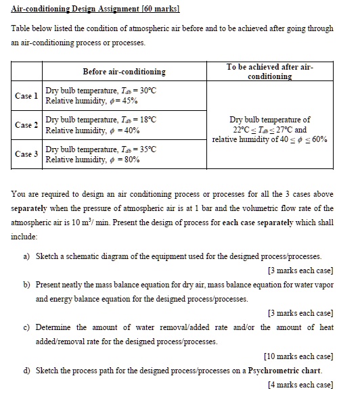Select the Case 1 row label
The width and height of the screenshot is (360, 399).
tap(26, 95)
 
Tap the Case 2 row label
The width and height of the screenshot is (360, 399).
tap(26, 124)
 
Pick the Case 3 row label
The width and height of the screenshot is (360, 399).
tap(26, 154)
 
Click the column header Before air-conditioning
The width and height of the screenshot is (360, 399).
tap(124, 72)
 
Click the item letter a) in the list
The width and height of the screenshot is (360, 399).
tap(26, 256)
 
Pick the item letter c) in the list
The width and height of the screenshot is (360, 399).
tap(26, 327)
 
